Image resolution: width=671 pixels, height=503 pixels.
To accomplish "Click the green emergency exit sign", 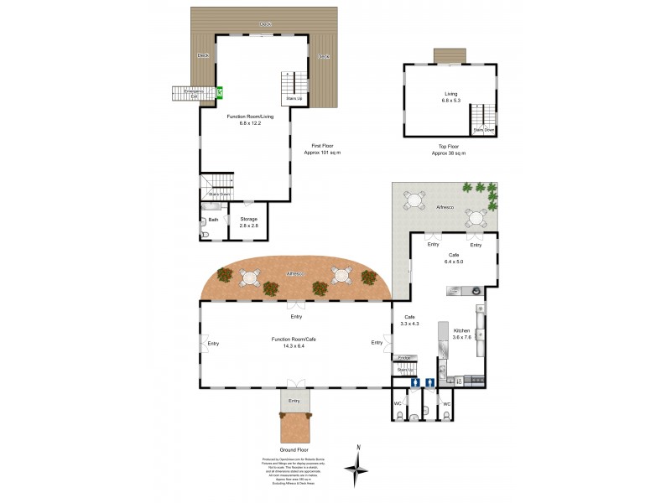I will tap(220, 94).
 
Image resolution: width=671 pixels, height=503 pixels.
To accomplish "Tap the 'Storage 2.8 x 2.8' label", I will tap(249, 222).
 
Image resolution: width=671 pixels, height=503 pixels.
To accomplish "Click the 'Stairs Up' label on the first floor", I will tap(294, 98).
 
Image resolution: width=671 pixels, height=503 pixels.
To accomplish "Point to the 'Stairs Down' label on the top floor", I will tap(483, 130).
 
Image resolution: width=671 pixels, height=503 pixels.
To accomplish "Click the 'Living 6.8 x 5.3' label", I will tap(452, 96).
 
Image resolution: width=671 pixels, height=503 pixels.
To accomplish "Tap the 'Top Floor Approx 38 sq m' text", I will tap(448, 149).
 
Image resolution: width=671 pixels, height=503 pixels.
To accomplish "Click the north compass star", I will tap(358, 469).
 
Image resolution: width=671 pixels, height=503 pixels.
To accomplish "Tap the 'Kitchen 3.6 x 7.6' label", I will tap(462, 335).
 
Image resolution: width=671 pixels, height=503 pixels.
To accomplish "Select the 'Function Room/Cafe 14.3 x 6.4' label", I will tap(294, 342).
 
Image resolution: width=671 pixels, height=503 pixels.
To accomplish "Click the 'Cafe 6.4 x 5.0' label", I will tap(454, 258).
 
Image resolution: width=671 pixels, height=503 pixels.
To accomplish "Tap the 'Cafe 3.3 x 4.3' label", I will tap(410, 319).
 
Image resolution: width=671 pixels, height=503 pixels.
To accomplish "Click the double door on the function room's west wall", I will tap(202, 343).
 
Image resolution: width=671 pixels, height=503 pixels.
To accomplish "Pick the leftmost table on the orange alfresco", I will tap(251, 276).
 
